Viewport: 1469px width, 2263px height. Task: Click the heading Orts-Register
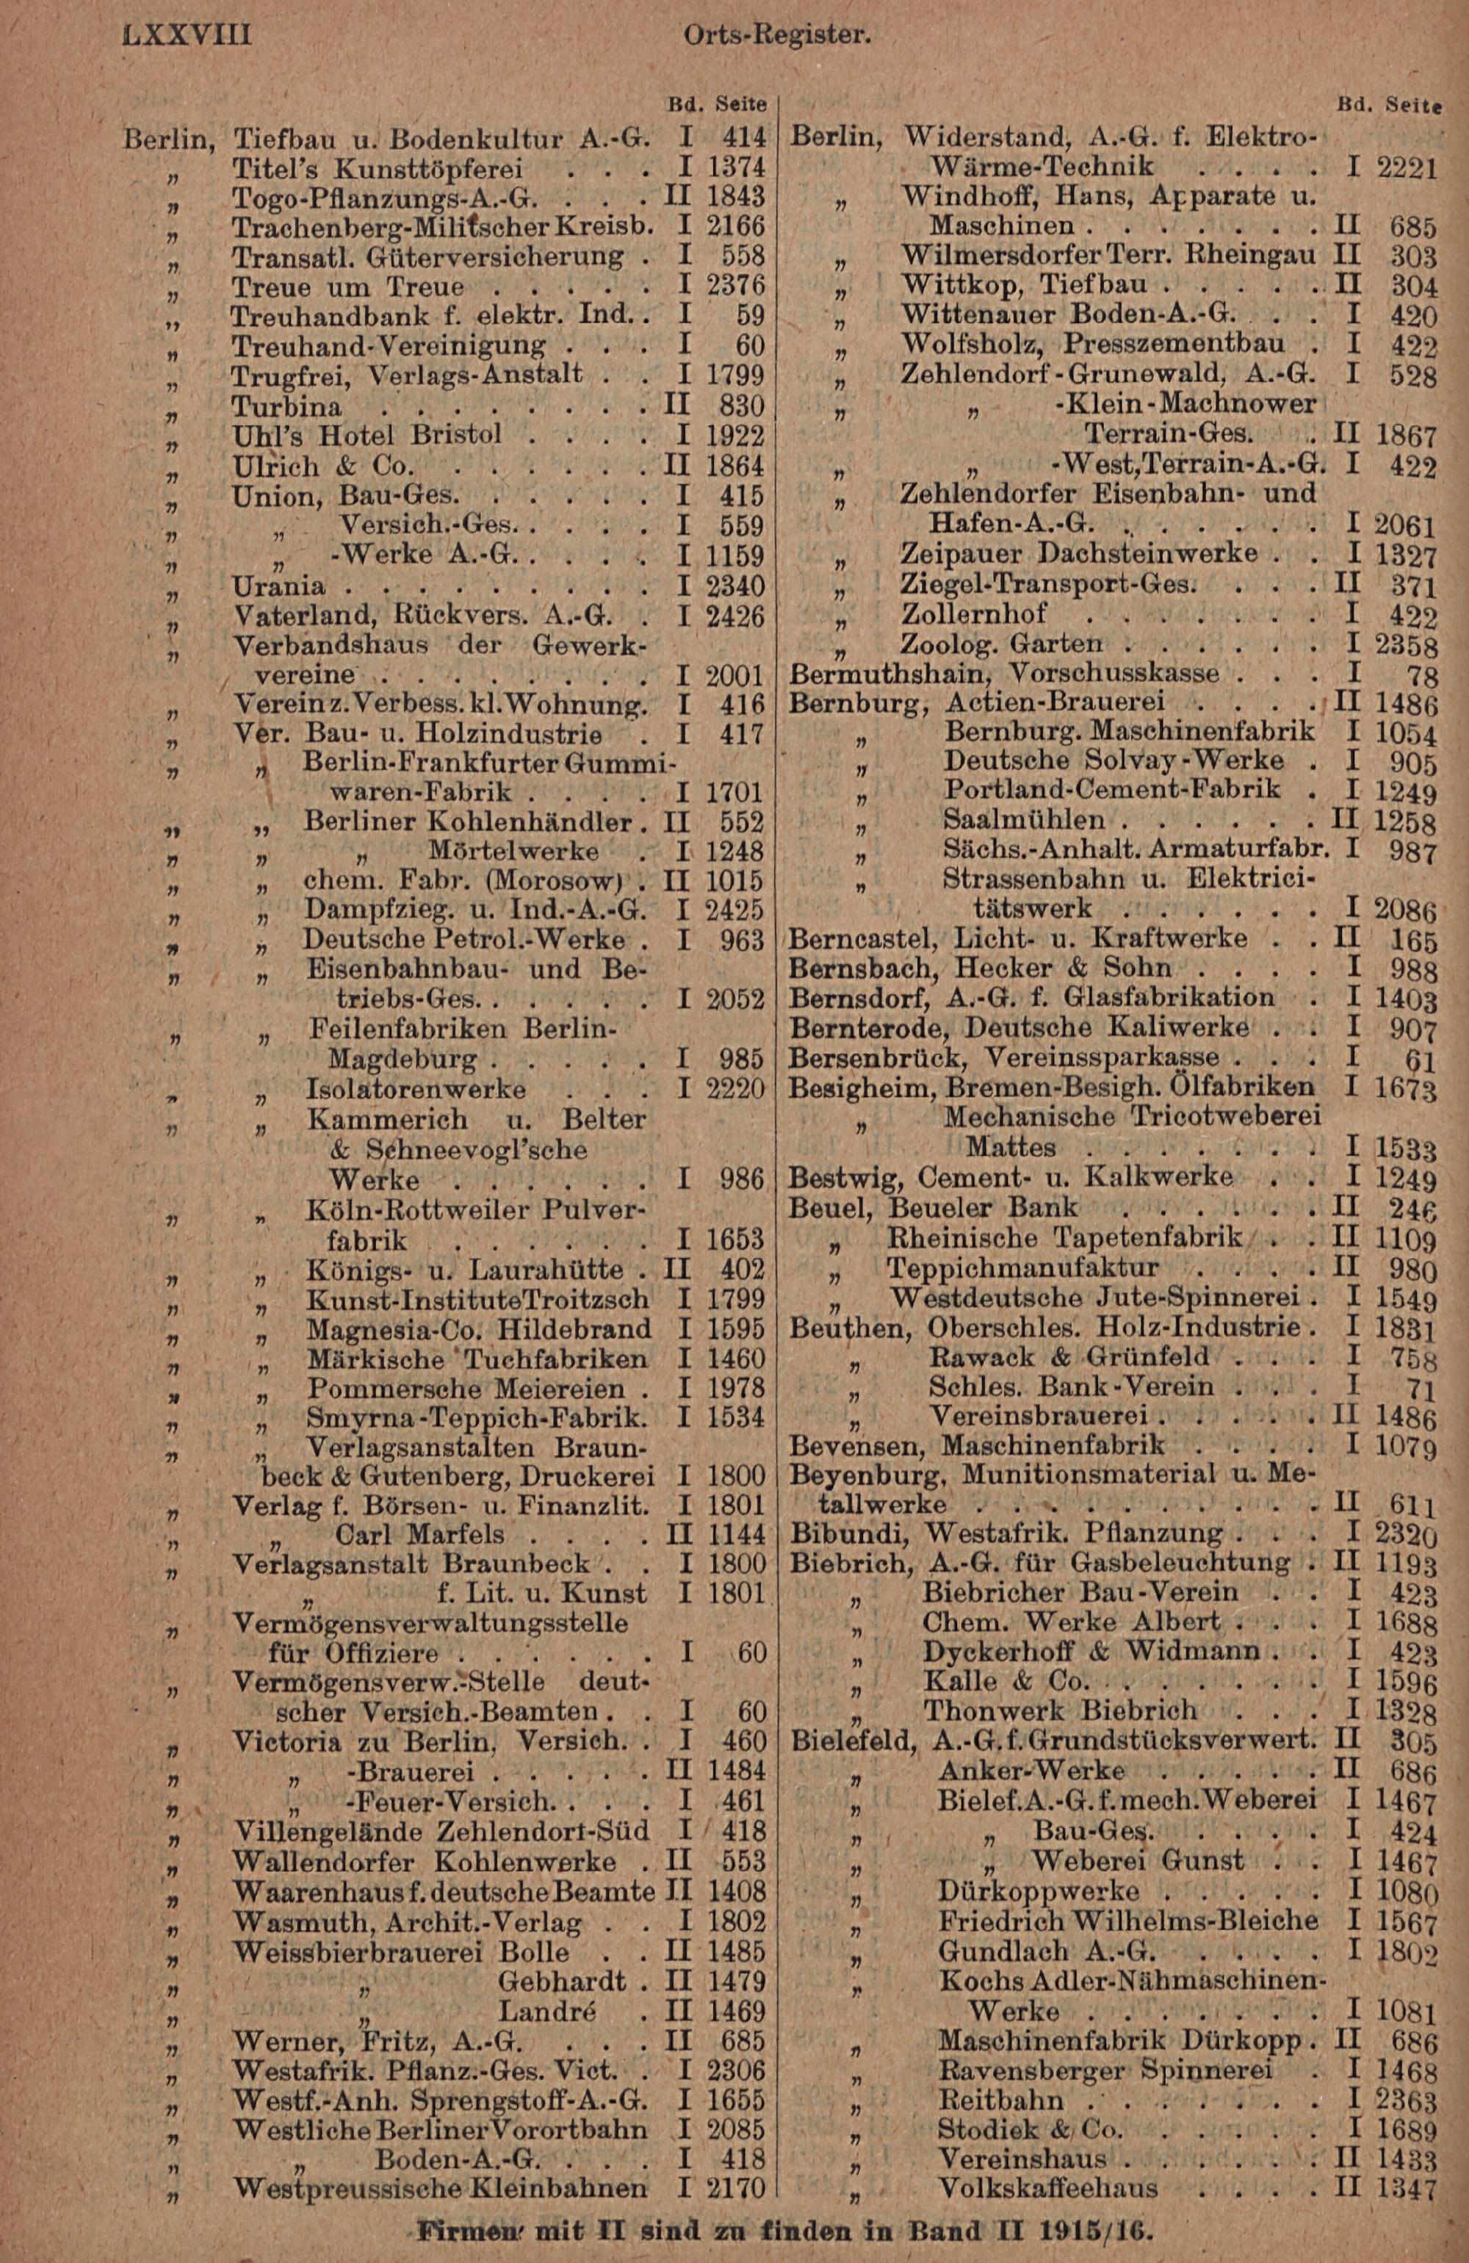(x=777, y=35)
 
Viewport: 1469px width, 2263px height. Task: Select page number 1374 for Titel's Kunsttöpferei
(x=736, y=168)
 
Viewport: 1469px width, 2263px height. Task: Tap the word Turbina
(x=287, y=406)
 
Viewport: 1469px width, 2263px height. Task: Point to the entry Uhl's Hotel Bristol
(x=367, y=436)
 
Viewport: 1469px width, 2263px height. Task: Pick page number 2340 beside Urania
(x=736, y=586)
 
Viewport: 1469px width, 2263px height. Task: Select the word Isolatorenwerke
(x=416, y=1089)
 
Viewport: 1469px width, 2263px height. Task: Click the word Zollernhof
(x=974, y=614)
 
